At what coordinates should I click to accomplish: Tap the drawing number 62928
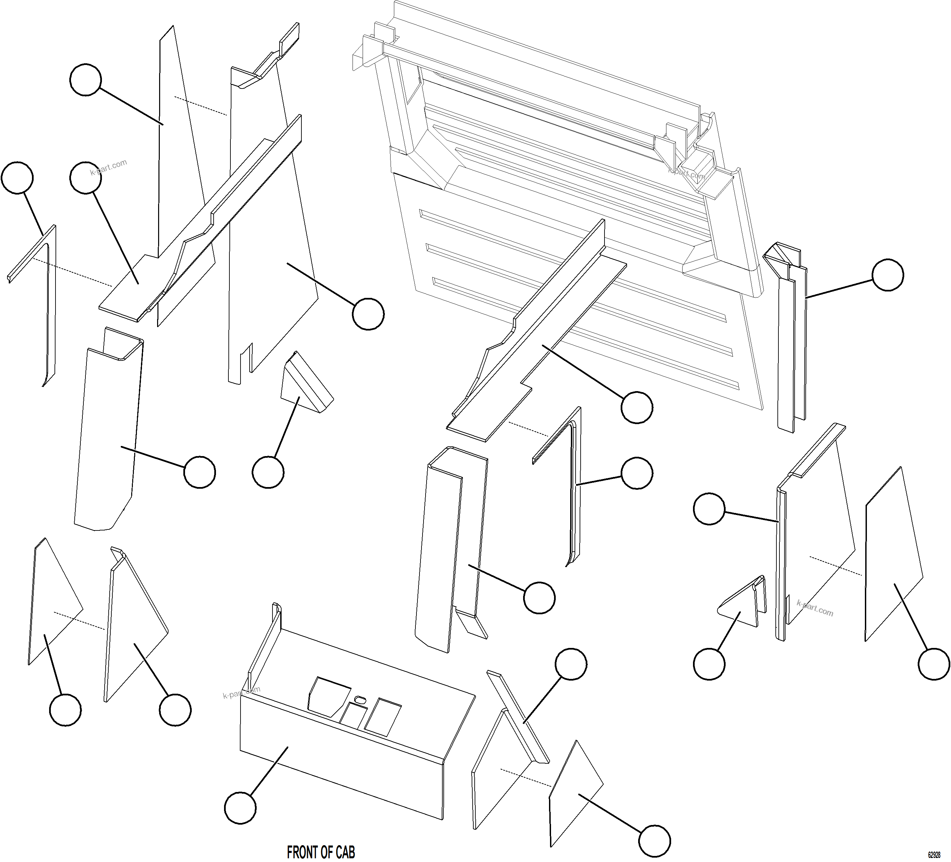coord(934,855)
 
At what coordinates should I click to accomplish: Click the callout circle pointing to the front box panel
coord(240,808)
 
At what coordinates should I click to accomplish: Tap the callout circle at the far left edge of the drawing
coord(17,178)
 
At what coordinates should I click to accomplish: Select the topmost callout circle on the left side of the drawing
coord(85,80)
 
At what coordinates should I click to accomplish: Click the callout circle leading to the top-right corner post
coord(888,275)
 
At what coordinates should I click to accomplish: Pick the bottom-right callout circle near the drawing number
coord(654,841)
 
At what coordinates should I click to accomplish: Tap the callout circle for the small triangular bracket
coord(709,664)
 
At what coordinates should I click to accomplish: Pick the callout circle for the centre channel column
coord(539,598)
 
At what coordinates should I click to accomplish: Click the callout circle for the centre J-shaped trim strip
coord(637,473)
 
